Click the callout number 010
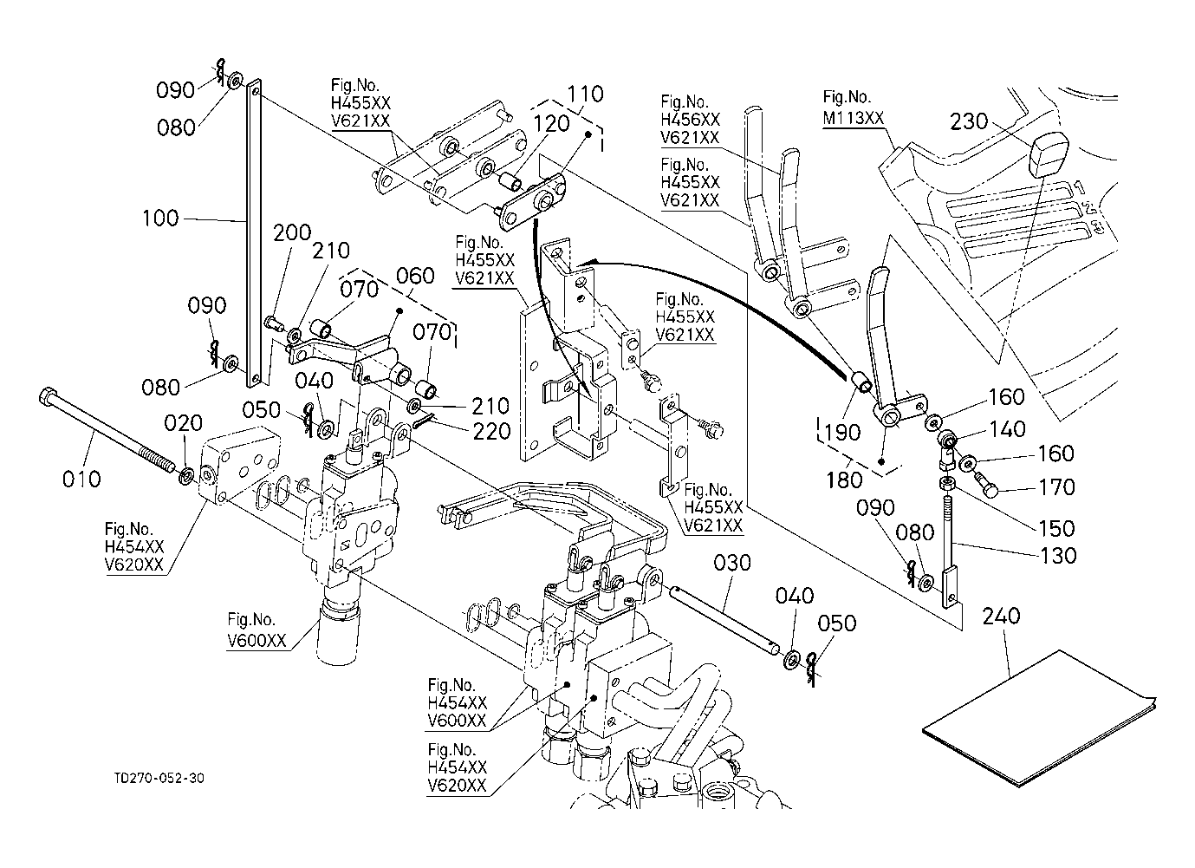[81, 479]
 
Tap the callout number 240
[1002, 617]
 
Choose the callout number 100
[160, 218]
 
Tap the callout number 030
[733, 564]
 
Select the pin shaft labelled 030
[727, 620]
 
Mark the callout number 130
[1057, 555]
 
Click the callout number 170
[1055, 487]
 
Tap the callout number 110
[586, 94]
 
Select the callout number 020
[185, 423]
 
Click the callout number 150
[1055, 527]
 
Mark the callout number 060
[415, 277]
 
